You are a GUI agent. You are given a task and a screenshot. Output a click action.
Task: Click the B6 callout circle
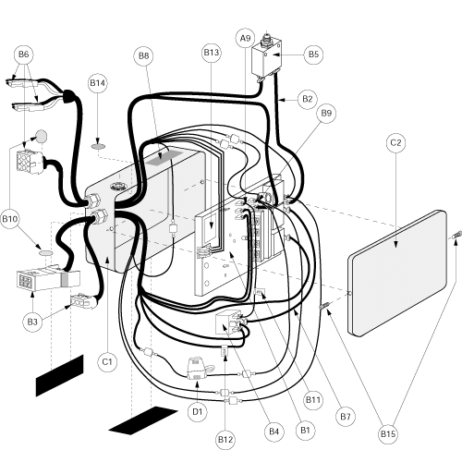click(23, 55)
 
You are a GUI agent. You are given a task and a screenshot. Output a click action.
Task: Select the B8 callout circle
click(143, 56)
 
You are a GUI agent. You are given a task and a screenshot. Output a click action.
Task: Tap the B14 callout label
click(97, 83)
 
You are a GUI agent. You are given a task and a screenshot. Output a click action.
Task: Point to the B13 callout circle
click(212, 53)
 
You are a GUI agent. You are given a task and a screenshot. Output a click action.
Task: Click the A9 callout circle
click(246, 39)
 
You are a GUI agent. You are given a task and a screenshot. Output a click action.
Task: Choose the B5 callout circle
click(313, 55)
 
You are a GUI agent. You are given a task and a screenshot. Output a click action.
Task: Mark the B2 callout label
click(308, 99)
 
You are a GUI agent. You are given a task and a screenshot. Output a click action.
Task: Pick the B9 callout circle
click(326, 114)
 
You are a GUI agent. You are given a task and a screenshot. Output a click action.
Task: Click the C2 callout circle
click(395, 143)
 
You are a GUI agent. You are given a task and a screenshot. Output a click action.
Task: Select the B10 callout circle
click(9, 219)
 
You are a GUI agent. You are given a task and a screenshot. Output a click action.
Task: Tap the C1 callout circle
click(107, 361)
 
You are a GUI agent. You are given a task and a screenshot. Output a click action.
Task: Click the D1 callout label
click(197, 412)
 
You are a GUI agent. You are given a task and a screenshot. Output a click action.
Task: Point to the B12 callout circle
click(225, 440)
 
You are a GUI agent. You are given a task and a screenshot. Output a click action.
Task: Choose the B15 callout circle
click(388, 434)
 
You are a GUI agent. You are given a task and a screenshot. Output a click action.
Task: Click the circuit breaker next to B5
click(267, 58)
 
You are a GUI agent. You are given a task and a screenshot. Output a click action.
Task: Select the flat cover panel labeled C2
click(397, 274)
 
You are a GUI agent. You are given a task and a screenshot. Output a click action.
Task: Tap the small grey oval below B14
click(98, 147)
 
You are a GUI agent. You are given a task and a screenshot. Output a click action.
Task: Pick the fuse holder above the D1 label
click(198, 368)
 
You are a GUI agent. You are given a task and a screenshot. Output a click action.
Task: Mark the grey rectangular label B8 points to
click(163, 158)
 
